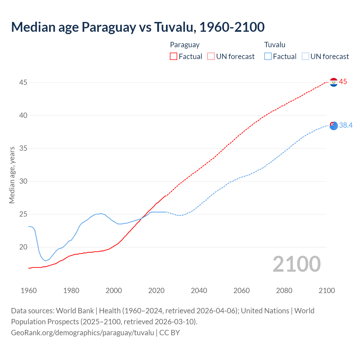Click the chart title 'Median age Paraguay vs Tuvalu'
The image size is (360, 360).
pos(138,27)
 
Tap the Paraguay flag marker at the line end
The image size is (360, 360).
pos(334,82)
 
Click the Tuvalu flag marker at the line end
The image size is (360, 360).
pos(334,126)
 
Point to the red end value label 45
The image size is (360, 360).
pos(343,82)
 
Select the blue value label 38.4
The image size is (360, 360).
pos(346,125)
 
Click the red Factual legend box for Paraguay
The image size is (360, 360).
pos(174,57)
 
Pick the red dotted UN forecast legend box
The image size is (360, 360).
pos(211,57)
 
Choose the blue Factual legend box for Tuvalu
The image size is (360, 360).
pos(268,57)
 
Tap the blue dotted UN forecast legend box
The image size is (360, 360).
pos(305,57)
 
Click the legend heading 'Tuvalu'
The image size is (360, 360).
pos(275,45)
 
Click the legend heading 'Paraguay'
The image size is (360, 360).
pos(185,45)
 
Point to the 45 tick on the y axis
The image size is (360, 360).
pos(23,82)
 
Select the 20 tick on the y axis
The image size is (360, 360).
pos(23,247)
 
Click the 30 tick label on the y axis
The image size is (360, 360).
pos(23,181)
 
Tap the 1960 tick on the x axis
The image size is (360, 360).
pos(29,291)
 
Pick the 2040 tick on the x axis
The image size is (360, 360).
pos(199,291)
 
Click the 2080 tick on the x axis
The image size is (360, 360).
pos(284,291)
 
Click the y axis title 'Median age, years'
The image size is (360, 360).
pos(12,175)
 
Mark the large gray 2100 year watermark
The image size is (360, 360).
pos(296,264)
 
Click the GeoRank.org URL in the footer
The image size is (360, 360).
pos(82,333)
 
